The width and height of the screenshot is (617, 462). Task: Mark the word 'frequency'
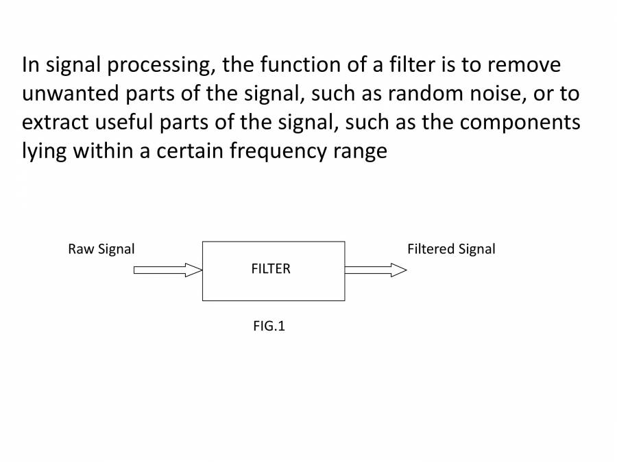[278, 151]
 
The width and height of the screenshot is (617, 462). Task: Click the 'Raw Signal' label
[101, 249]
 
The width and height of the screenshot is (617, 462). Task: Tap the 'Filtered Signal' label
[451, 249]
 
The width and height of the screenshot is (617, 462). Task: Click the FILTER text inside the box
[271, 269]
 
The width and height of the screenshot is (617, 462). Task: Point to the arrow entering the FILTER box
[168, 270]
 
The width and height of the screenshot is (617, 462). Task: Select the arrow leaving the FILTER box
[376, 270]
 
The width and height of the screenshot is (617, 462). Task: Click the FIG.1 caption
[269, 326]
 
